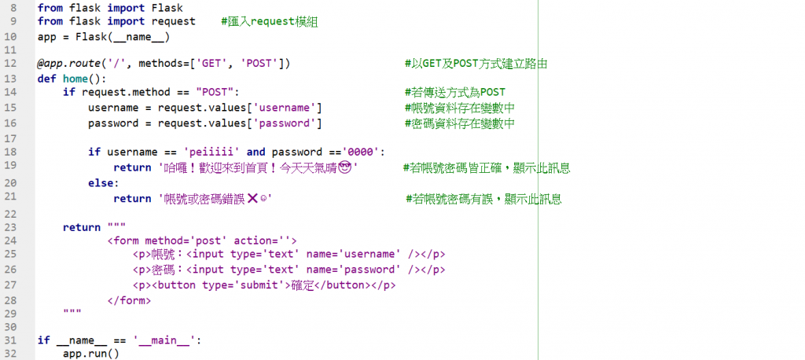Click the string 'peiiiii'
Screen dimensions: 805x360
pos(211,152)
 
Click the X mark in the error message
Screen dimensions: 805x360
pos(252,199)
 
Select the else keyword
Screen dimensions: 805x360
pos(101,182)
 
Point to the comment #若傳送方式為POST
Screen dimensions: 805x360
pos(454,93)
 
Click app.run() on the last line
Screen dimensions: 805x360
pos(90,354)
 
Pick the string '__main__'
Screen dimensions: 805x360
pos(164,340)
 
